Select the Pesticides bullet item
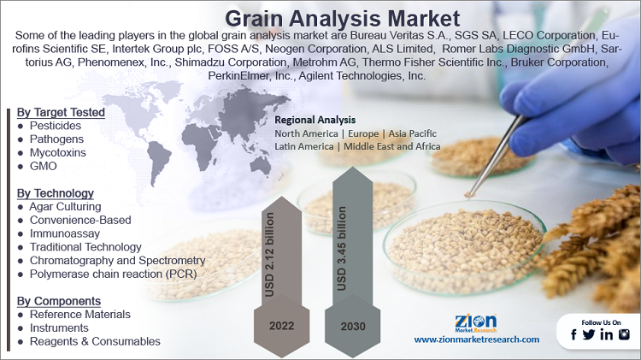[x=56, y=126]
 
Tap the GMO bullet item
[x=43, y=166]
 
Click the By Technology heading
[x=56, y=193]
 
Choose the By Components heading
[x=59, y=301]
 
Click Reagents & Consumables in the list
[x=95, y=341]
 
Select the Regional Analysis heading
[x=315, y=120]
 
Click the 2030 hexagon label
[x=351, y=324]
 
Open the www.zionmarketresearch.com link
[x=476, y=339]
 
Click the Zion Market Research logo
[x=476, y=322]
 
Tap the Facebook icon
[x=573, y=334]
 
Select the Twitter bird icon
[x=589, y=334]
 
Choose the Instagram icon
[x=624, y=334]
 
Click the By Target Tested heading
[x=61, y=112]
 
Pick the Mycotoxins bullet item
[x=59, y=152]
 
